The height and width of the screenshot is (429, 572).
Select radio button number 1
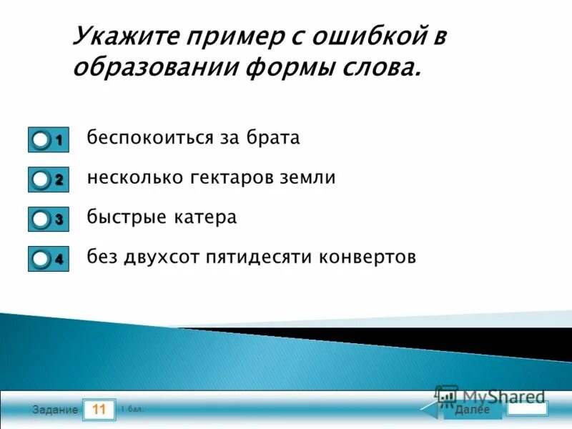(x=41, y=140)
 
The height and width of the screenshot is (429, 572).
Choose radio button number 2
(x=41, y=180)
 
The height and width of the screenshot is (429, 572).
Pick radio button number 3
(x=41, y=220)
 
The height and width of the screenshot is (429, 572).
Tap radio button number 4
(x=41, y=260)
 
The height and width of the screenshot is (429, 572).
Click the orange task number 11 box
(x=99, y=410)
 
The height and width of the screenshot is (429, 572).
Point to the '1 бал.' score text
(x=132, y=409)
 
